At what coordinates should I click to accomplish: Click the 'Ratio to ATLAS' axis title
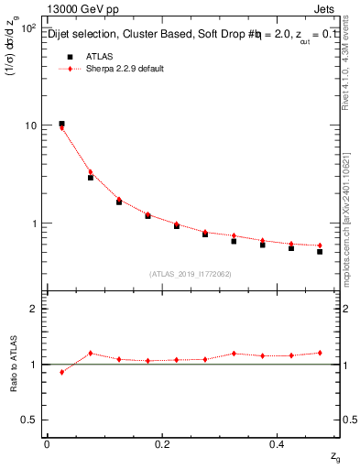coord(13,364)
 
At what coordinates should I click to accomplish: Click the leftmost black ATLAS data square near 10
coord(61,124)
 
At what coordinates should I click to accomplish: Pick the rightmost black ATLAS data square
coord(320,251)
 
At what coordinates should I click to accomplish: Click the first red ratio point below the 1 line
coord(61,372)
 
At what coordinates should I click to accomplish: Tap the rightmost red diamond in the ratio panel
coord(320,353)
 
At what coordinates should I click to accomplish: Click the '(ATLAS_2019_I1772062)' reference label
coord(191,273)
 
